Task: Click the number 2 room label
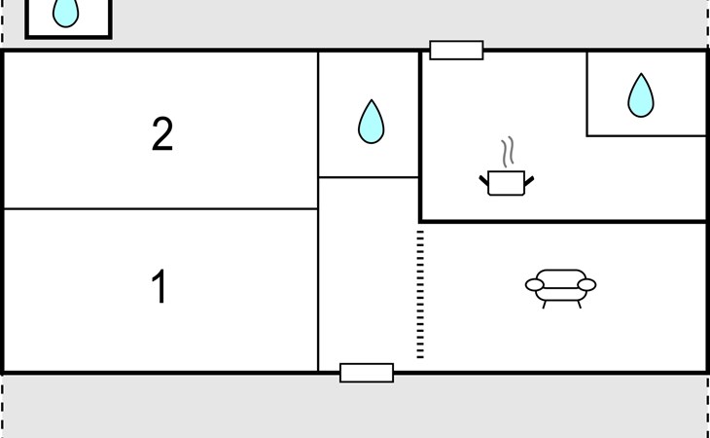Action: coord(162,134)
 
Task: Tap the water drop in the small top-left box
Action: coord(65,12)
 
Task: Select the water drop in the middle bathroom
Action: coord(371,122)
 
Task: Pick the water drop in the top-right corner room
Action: coord(640,94)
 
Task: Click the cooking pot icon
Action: coord(506,182)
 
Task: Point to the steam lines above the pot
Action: coord(507,153)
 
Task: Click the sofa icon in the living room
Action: coord(560,287)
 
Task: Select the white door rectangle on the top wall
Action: coord(456,51)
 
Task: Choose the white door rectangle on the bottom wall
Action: coord(367,372)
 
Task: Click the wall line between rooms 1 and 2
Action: coord(160,208)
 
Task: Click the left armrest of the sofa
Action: coord(535,284)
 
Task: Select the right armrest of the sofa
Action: coord(586,284)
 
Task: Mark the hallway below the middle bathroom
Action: coord(369,273)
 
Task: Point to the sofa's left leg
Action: coord(544,304)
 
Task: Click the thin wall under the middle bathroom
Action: coord(369,177)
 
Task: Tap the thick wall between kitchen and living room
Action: coord(564,222)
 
